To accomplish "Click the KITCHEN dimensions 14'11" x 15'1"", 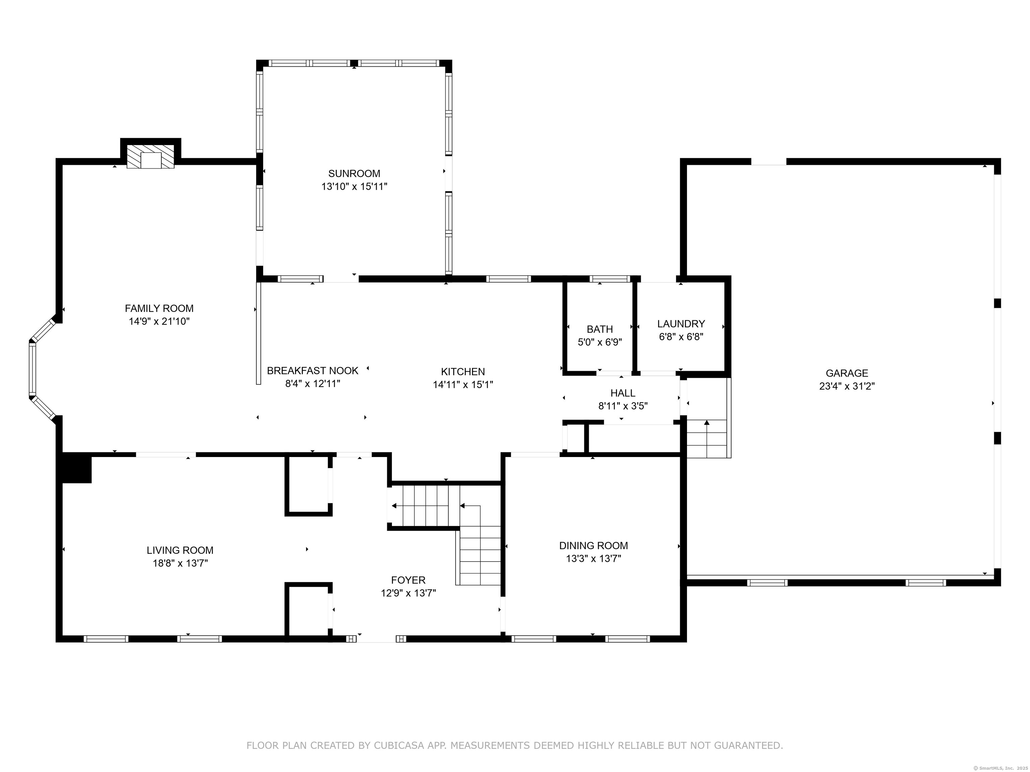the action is pyautogui.click(x=463, y=384).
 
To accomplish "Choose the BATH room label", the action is pyautogui.click(x=600, y=329).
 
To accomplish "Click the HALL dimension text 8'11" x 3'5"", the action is pyautogui.click(x=623, y=406).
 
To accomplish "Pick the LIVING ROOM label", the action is pyautogui.click(x=180, y=550).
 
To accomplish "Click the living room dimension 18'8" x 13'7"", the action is pyautogui.click(x=180, y=563).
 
